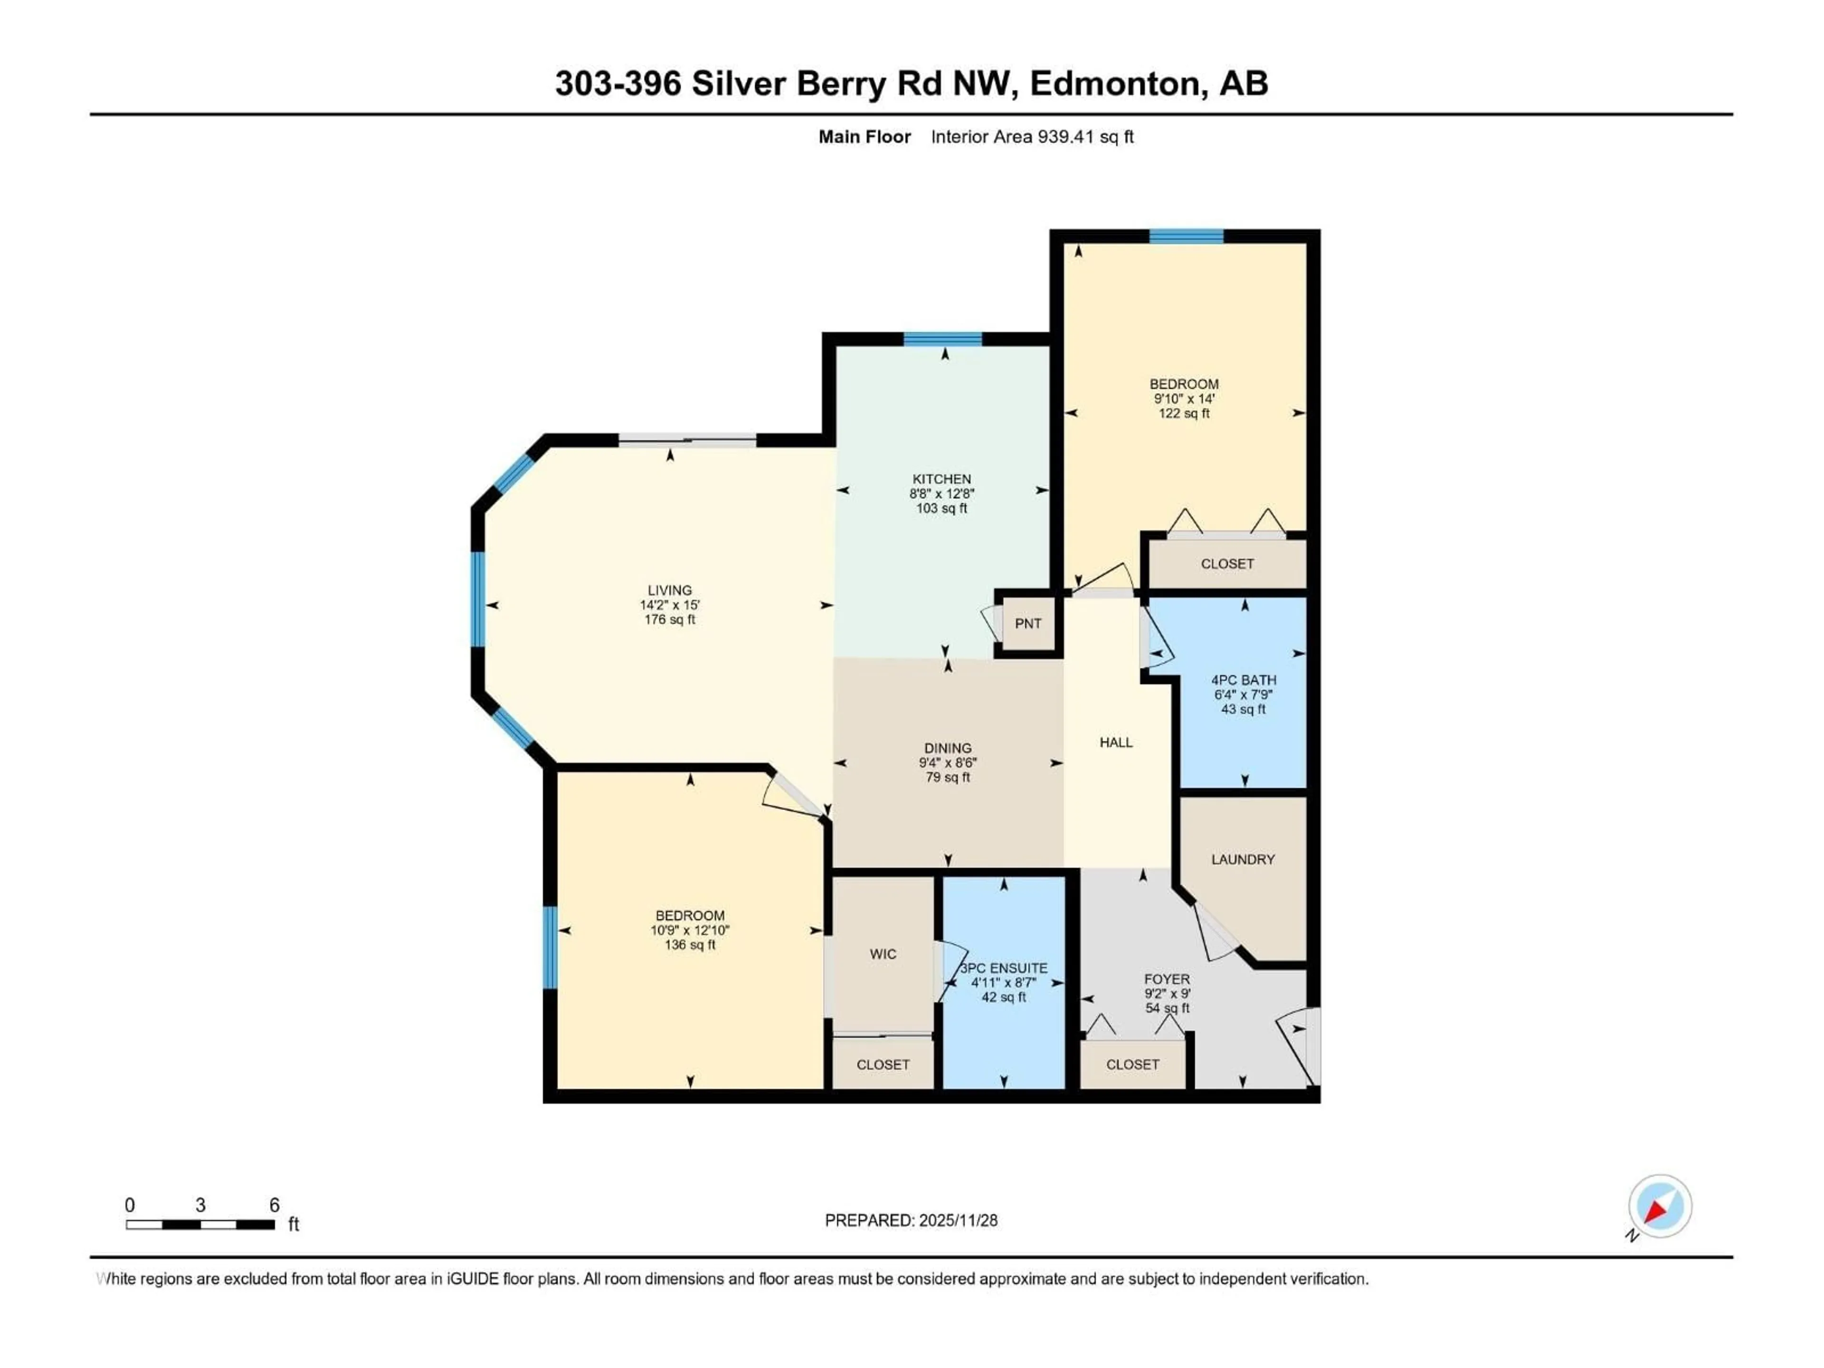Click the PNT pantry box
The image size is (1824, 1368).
[1027, 623]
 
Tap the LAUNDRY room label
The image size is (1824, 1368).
[1243, 859]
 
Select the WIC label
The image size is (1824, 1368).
[883, 954]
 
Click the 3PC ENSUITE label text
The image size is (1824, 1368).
[1004, 968]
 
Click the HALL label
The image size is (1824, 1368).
[1116, 742]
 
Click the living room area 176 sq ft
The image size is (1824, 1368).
[670, 619]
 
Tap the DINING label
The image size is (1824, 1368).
[948, 749]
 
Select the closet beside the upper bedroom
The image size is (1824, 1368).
[1227, 564]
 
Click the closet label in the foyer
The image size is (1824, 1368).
[1132, 1064]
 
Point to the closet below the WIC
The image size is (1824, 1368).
[883, 1064]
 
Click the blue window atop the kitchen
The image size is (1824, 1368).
[942, 339]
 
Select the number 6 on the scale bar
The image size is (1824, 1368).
[275, 1205]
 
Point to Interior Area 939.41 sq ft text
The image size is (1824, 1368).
[1032, 137]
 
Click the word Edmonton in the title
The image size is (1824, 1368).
[1114, 83]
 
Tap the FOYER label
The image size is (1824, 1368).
[1167, 979]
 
